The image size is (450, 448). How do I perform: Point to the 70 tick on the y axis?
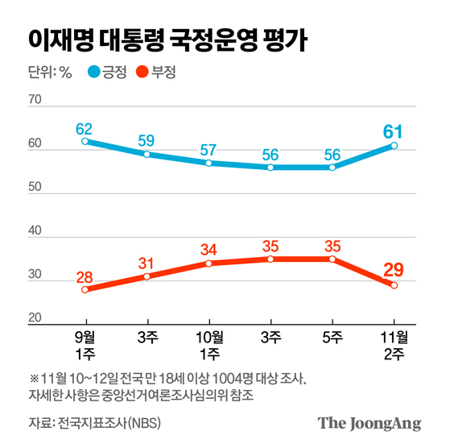click(35, 99)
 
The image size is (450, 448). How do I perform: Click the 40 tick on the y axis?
click(35, 231)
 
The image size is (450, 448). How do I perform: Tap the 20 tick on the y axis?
click(35, 318)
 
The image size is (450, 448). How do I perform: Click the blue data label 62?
click(85, 127)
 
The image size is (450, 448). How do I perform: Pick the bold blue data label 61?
click(394, 131)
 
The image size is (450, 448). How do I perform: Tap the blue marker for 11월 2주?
click(394, 146)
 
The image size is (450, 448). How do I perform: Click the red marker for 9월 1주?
click(85, 289)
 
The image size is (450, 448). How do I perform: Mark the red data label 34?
click(208, 249)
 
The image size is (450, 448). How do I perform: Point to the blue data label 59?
click(147, 140)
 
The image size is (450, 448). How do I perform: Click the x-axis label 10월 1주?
click(208, 342)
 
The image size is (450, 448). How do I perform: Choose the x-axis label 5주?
click(332, 336)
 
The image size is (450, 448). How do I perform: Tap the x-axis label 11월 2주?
click(394, 342)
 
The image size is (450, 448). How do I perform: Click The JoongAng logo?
click(369, 423)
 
